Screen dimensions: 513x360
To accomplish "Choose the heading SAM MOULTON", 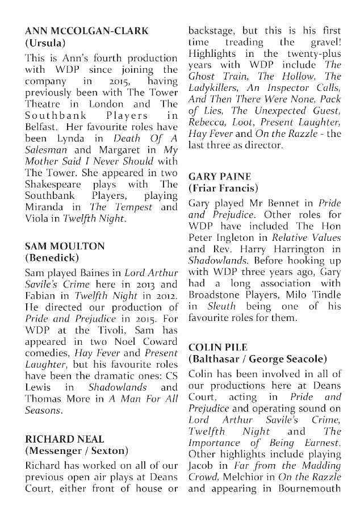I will tap(65, 246).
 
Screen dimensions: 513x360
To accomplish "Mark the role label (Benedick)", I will tap(52, 258).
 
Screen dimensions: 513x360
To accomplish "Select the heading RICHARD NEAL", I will tap(64, 439).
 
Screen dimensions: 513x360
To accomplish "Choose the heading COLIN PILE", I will tap(219, 347).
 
